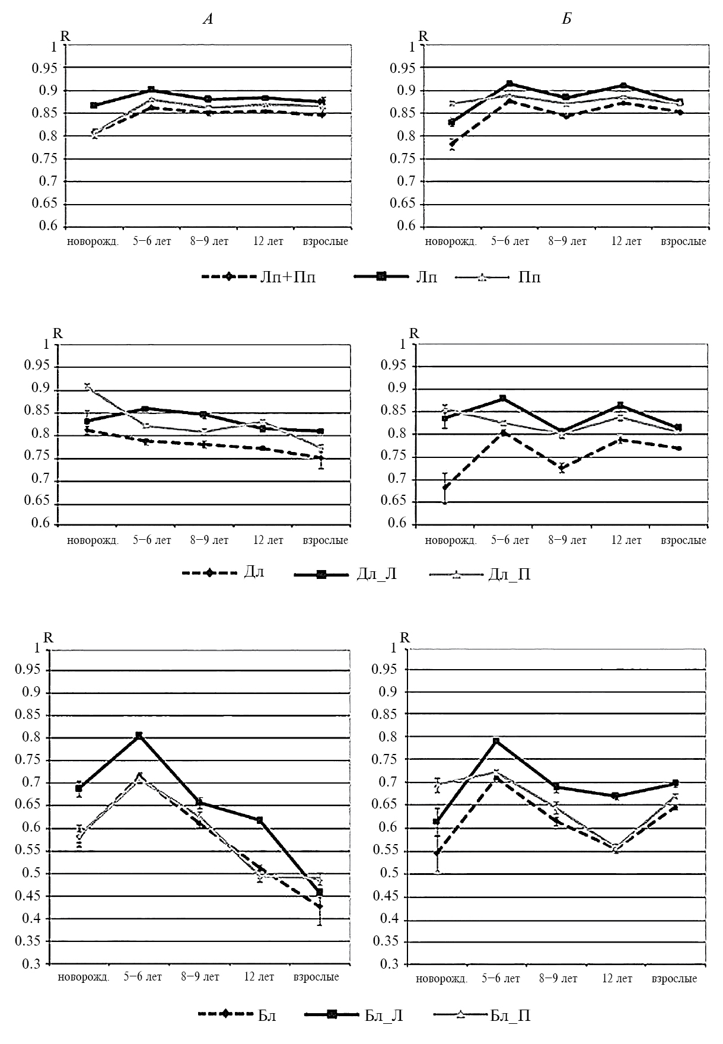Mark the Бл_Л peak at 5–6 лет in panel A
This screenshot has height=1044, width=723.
pyautogui.click(x=139, y=736)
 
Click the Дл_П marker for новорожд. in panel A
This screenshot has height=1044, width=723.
pyautogui.click(x=88, y=387)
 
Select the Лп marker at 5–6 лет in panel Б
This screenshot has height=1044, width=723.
pyautogui.click(x=509, y=84)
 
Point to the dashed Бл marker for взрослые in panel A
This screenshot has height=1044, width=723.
pyautogui.click(x=320, y=906)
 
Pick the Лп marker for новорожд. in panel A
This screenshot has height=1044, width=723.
pyautogui.click(x=94, y=105)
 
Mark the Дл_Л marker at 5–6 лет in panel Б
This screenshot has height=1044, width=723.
pyautogui.click(x=503, y=398)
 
